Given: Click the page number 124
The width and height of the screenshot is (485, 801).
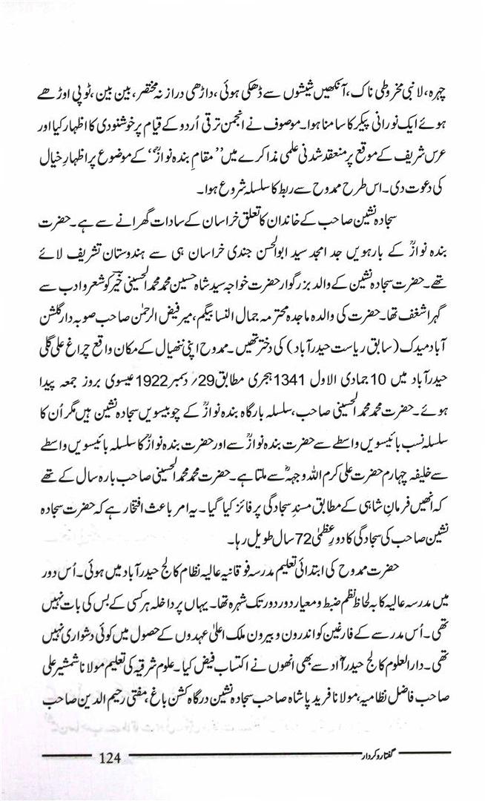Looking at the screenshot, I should click(x=108, y=757).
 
